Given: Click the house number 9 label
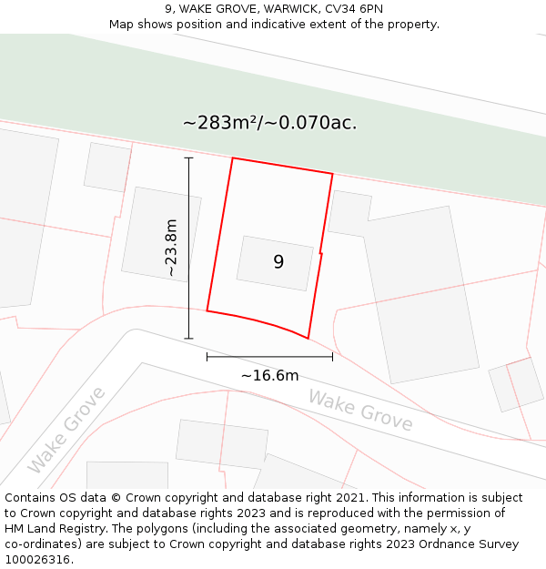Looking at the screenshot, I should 278,262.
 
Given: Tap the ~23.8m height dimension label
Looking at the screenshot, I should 171,248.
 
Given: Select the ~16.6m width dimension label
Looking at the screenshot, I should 269,375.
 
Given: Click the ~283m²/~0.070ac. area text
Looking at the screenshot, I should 270,123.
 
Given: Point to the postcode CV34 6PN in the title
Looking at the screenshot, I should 352,8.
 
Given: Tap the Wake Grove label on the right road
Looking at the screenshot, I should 360,410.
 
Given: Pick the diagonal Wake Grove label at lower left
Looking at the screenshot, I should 66,430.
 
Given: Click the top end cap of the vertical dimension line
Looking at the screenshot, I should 189,158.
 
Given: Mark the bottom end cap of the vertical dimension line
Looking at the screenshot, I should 189,339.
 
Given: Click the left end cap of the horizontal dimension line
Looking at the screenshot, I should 207,357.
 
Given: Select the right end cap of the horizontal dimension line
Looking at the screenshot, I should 333,357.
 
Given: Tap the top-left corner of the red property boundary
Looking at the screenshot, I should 233,158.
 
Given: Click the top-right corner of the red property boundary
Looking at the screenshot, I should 333,175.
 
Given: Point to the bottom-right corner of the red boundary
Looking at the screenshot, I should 308,339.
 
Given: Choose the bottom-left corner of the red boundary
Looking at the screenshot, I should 207,310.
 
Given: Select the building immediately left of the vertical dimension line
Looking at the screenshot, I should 160,234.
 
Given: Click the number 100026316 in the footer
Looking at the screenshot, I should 37,560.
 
